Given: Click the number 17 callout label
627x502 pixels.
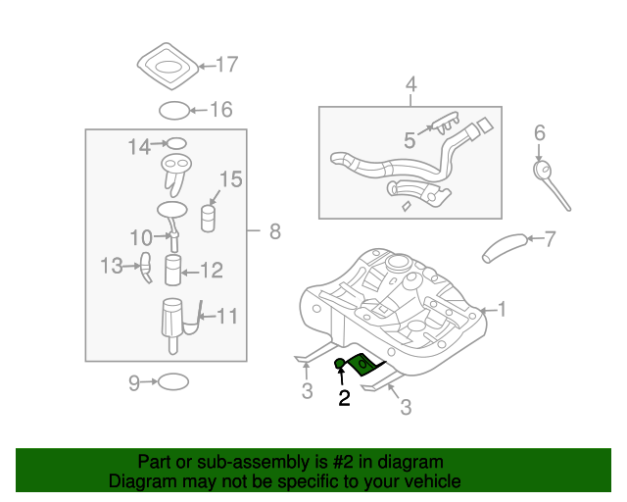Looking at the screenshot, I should click(226, 66).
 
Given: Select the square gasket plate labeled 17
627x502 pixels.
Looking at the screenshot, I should click(167, 67).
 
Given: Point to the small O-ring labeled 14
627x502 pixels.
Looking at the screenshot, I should click(175, 144).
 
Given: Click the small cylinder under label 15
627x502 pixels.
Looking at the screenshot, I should click(208, 218).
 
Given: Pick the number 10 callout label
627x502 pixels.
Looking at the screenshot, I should click(141, 236).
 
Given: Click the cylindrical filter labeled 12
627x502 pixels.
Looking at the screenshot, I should click(174, 270).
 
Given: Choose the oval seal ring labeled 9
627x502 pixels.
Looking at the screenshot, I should click(172, 381).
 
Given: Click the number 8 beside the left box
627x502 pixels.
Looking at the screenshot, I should click(274, 231).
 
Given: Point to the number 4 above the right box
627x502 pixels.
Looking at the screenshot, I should click(411, 85).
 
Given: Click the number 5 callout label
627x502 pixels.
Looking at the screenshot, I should click(410, 140).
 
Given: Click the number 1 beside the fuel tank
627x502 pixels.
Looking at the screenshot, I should click(502, 311).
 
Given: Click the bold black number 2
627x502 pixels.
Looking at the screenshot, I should click(343, 397).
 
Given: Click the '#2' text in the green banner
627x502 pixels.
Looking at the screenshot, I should click(331, 461).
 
